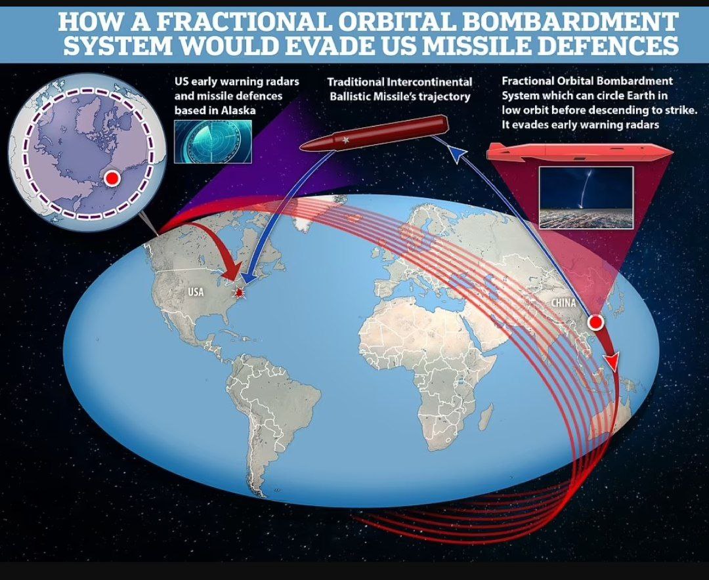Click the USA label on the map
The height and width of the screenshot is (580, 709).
(x=196, y=292)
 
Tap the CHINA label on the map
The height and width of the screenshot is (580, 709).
(x=563, y=303)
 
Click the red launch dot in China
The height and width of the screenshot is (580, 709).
(x=595, y=322)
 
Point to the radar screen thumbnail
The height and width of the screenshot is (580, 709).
(x=213, y=142)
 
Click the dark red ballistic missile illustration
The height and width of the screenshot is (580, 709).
(x=374, y=132)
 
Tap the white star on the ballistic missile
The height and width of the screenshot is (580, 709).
(x=347, y=140)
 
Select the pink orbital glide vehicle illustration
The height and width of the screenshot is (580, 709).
(x=579, y=152)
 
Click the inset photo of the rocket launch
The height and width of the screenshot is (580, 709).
(x=586, y=197)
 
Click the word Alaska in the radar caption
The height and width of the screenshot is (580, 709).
(x=238, y=110)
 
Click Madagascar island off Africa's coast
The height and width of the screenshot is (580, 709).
(x=486, y=416)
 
